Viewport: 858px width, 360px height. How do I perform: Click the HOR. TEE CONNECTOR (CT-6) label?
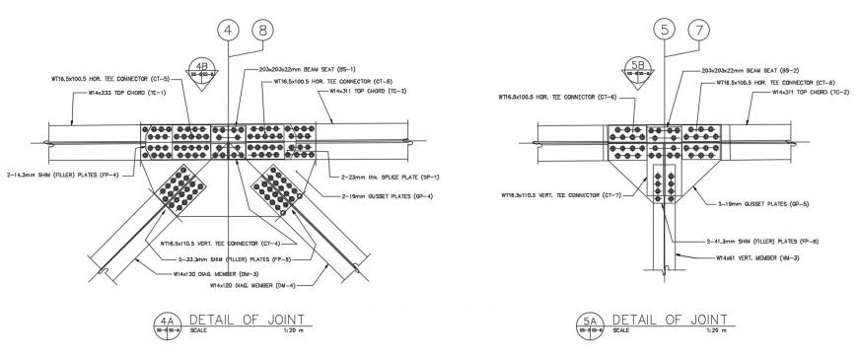pos(557,98)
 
